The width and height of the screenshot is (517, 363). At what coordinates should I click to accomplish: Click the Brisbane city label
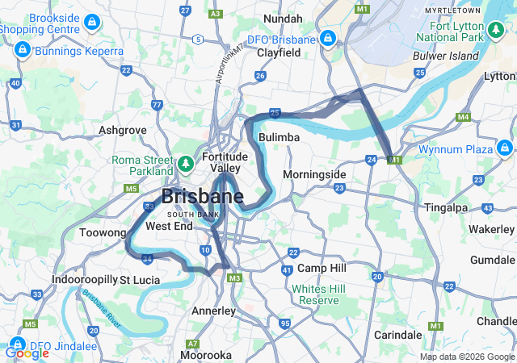pos(203,196)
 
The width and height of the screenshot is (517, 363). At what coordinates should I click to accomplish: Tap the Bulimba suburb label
pos(280,138)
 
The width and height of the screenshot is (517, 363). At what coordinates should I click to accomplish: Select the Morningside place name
pos(314,174)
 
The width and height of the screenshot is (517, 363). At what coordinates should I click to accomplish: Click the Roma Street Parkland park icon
pos(186,165)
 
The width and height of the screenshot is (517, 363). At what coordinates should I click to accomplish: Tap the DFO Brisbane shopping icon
pos(327,39)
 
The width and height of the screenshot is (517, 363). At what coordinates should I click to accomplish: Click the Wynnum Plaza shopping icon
pos(505,148)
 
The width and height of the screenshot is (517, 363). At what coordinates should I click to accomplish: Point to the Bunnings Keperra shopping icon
pos(21,51)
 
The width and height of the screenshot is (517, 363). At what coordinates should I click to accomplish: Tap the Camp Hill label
pos(322,268)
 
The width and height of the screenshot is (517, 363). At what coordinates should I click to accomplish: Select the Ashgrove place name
pos(122,129)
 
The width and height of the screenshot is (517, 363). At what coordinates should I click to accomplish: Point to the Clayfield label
pos(279,52)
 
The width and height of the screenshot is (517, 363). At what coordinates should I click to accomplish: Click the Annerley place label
pos(213,311)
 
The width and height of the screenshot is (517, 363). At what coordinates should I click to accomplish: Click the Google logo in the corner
pos(27,353)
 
